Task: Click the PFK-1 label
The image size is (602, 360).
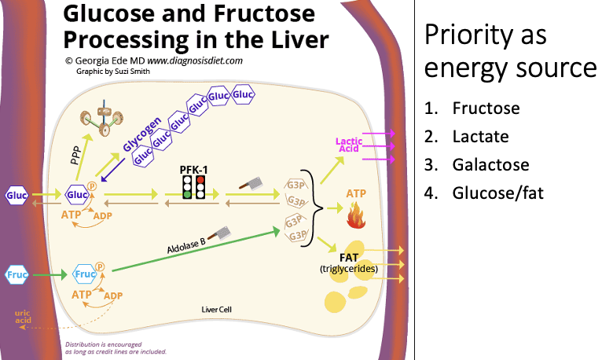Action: [x=193, y=170]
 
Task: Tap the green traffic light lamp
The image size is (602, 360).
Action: [x=187, y=194]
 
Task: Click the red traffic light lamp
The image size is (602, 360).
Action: [x=200, y=179]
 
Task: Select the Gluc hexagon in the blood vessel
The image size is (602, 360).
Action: [x=17, y=196]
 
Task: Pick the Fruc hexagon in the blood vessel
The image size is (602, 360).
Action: [x=17, y=275]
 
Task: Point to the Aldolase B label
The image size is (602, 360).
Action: [x=186, y=244]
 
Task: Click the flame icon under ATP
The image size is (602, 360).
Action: [x=355, y=216]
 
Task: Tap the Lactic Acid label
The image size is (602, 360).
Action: [x=349, y=145]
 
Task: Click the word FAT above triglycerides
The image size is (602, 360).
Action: [x=349, y=258]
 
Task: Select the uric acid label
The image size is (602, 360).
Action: [x=23, y=317]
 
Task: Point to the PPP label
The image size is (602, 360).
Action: [x=76, y=156]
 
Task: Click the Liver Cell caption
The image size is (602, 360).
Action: [x=217, y=310]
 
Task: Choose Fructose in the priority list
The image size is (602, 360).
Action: [x=486, y=108]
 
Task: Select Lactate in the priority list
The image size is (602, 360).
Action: [x=481, y=137]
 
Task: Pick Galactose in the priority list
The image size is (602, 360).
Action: [x=490, y=164]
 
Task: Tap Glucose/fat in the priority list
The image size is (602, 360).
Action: [x=498, y=193]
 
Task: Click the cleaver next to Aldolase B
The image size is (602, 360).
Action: [x=222, y=233]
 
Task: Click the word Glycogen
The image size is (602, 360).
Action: [x=142, y=134]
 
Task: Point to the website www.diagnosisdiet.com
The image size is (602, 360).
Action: [x=195, y=61]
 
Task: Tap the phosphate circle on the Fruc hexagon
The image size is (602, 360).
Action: [x=100, y=266]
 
